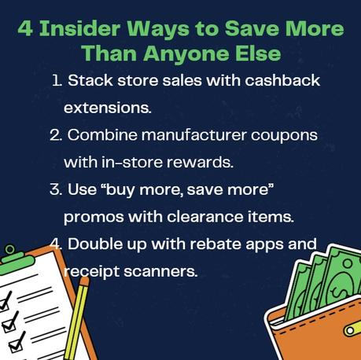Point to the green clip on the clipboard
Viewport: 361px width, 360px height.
9,251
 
